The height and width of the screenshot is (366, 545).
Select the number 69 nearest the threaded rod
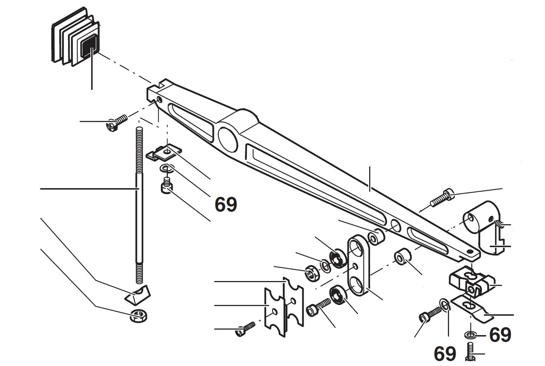pyautogui.click(x=226, y=204)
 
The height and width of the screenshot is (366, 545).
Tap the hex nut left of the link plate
pyautogui.click(x=312, y=273)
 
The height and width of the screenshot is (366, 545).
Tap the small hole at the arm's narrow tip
pyautogui.click(x=471, y=251)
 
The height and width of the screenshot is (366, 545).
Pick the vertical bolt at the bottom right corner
pyautogui.click(x=470, y=352)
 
